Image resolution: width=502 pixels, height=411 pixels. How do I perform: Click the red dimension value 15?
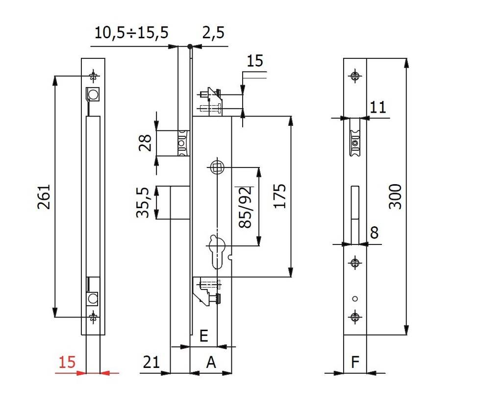[67, 363]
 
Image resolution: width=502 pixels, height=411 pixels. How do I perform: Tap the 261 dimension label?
[45, 196]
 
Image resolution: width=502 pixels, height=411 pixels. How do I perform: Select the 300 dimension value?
[395, 196]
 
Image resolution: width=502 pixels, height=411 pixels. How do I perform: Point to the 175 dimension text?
[280, 196]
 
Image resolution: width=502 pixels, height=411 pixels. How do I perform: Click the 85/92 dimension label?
[245, 207]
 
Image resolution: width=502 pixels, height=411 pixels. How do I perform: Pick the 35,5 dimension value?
[143, 202]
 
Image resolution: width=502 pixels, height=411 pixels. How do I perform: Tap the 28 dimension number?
[145, 143]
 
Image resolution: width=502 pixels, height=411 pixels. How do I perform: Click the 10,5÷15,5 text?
[131, 33]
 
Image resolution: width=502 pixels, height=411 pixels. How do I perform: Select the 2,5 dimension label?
[213, 33]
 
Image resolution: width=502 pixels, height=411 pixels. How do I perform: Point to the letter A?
[211, 363]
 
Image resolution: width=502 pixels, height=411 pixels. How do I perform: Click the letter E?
[204, 336]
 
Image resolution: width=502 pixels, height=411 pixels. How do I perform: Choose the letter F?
[355, 363]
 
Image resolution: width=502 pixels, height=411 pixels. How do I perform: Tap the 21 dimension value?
[151, 363]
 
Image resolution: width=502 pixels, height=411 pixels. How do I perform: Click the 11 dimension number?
[378, 107]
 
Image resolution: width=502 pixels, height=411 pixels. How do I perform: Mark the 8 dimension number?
[375, 233]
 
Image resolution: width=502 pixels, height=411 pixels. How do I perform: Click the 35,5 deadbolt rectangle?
[180, 203]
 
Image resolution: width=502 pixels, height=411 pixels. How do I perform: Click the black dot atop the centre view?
[190, 46]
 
